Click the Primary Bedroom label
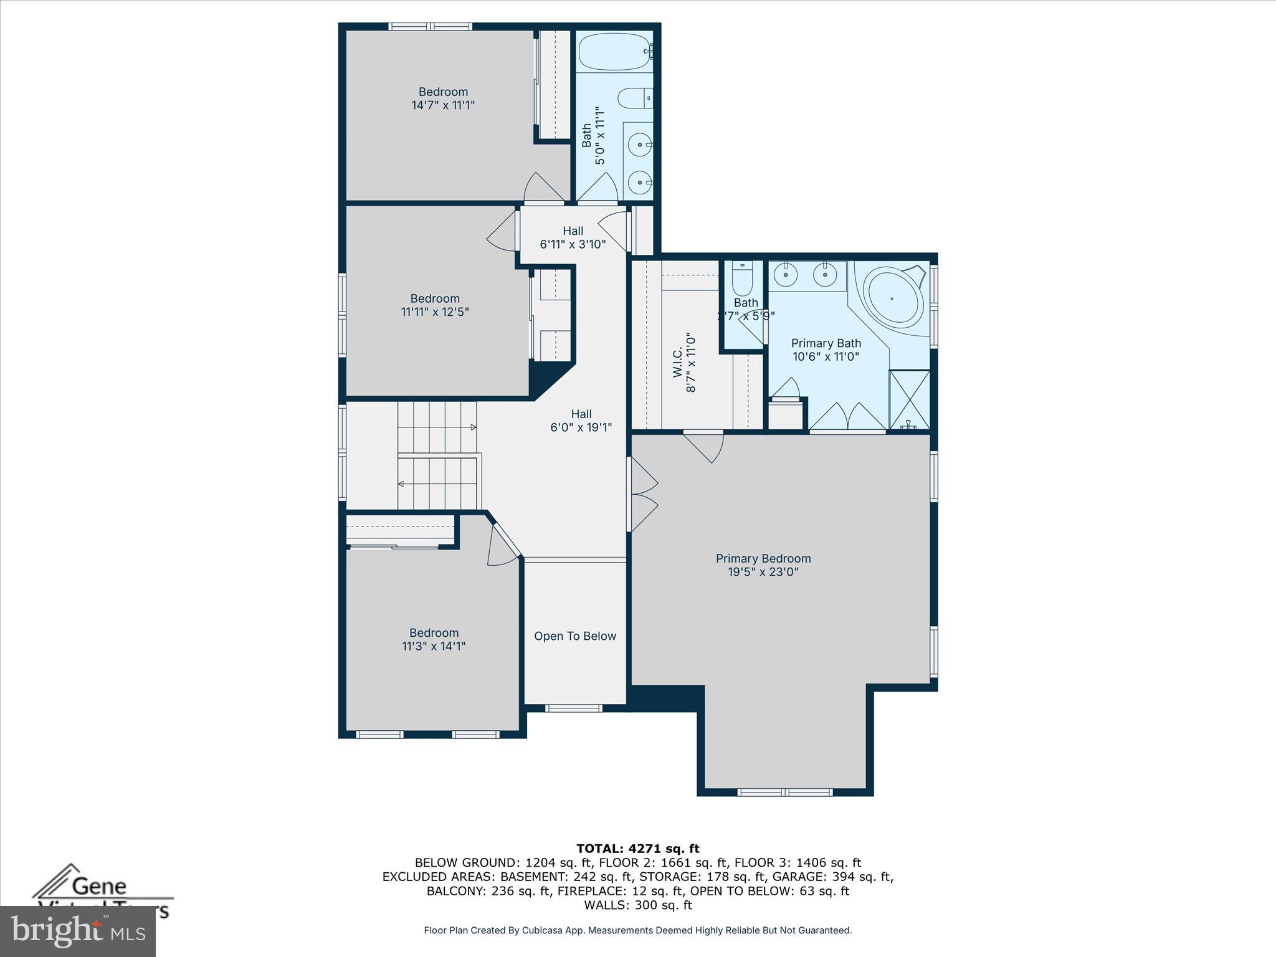[x=763, y=559]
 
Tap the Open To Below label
[x=574, y=636]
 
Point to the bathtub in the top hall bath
[x=614, y=52]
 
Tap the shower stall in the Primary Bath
[x=909, y=399]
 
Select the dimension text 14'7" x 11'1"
[x=443, y=105]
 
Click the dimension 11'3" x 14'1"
[x=434, y=646]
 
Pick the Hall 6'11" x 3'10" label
[x=573, y=237]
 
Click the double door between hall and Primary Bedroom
[x=643, y=494]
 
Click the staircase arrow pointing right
[x=472, y=427]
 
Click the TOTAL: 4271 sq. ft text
[x=637, y=849]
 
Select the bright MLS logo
[x=77, y=931]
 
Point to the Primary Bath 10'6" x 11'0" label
[x=826, y=350]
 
